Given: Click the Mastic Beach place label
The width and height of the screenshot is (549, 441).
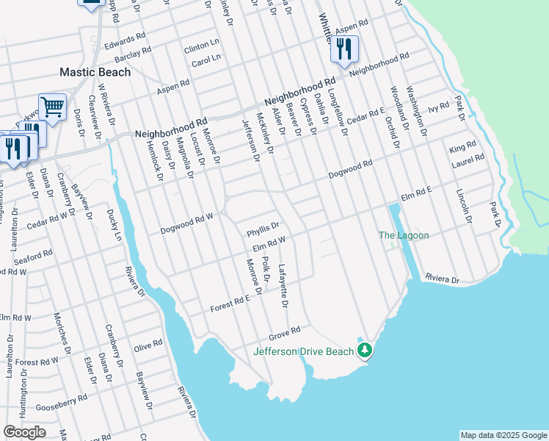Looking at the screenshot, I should (x=95, y=72).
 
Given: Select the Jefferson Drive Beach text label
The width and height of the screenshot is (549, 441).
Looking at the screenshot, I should (x=303, y=351).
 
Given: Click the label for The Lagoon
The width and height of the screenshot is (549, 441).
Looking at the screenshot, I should (x=403, y=235).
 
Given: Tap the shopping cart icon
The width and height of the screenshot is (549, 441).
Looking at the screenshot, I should (x=52, y=107).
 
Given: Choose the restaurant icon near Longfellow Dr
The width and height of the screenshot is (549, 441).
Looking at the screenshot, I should (x=343, y=49).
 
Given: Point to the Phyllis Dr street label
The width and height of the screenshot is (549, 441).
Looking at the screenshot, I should (x=263, y=226).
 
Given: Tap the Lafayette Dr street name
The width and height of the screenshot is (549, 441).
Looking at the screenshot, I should (x=283, y=285).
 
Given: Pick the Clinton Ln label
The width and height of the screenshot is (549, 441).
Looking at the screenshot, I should (x=202, y=46).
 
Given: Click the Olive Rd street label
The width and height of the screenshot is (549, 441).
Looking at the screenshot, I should (x=148, y=344).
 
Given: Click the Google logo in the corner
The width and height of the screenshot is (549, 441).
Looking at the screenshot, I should (x=24, y=432).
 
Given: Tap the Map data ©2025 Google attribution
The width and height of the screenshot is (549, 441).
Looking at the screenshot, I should (x=503, y=435).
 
